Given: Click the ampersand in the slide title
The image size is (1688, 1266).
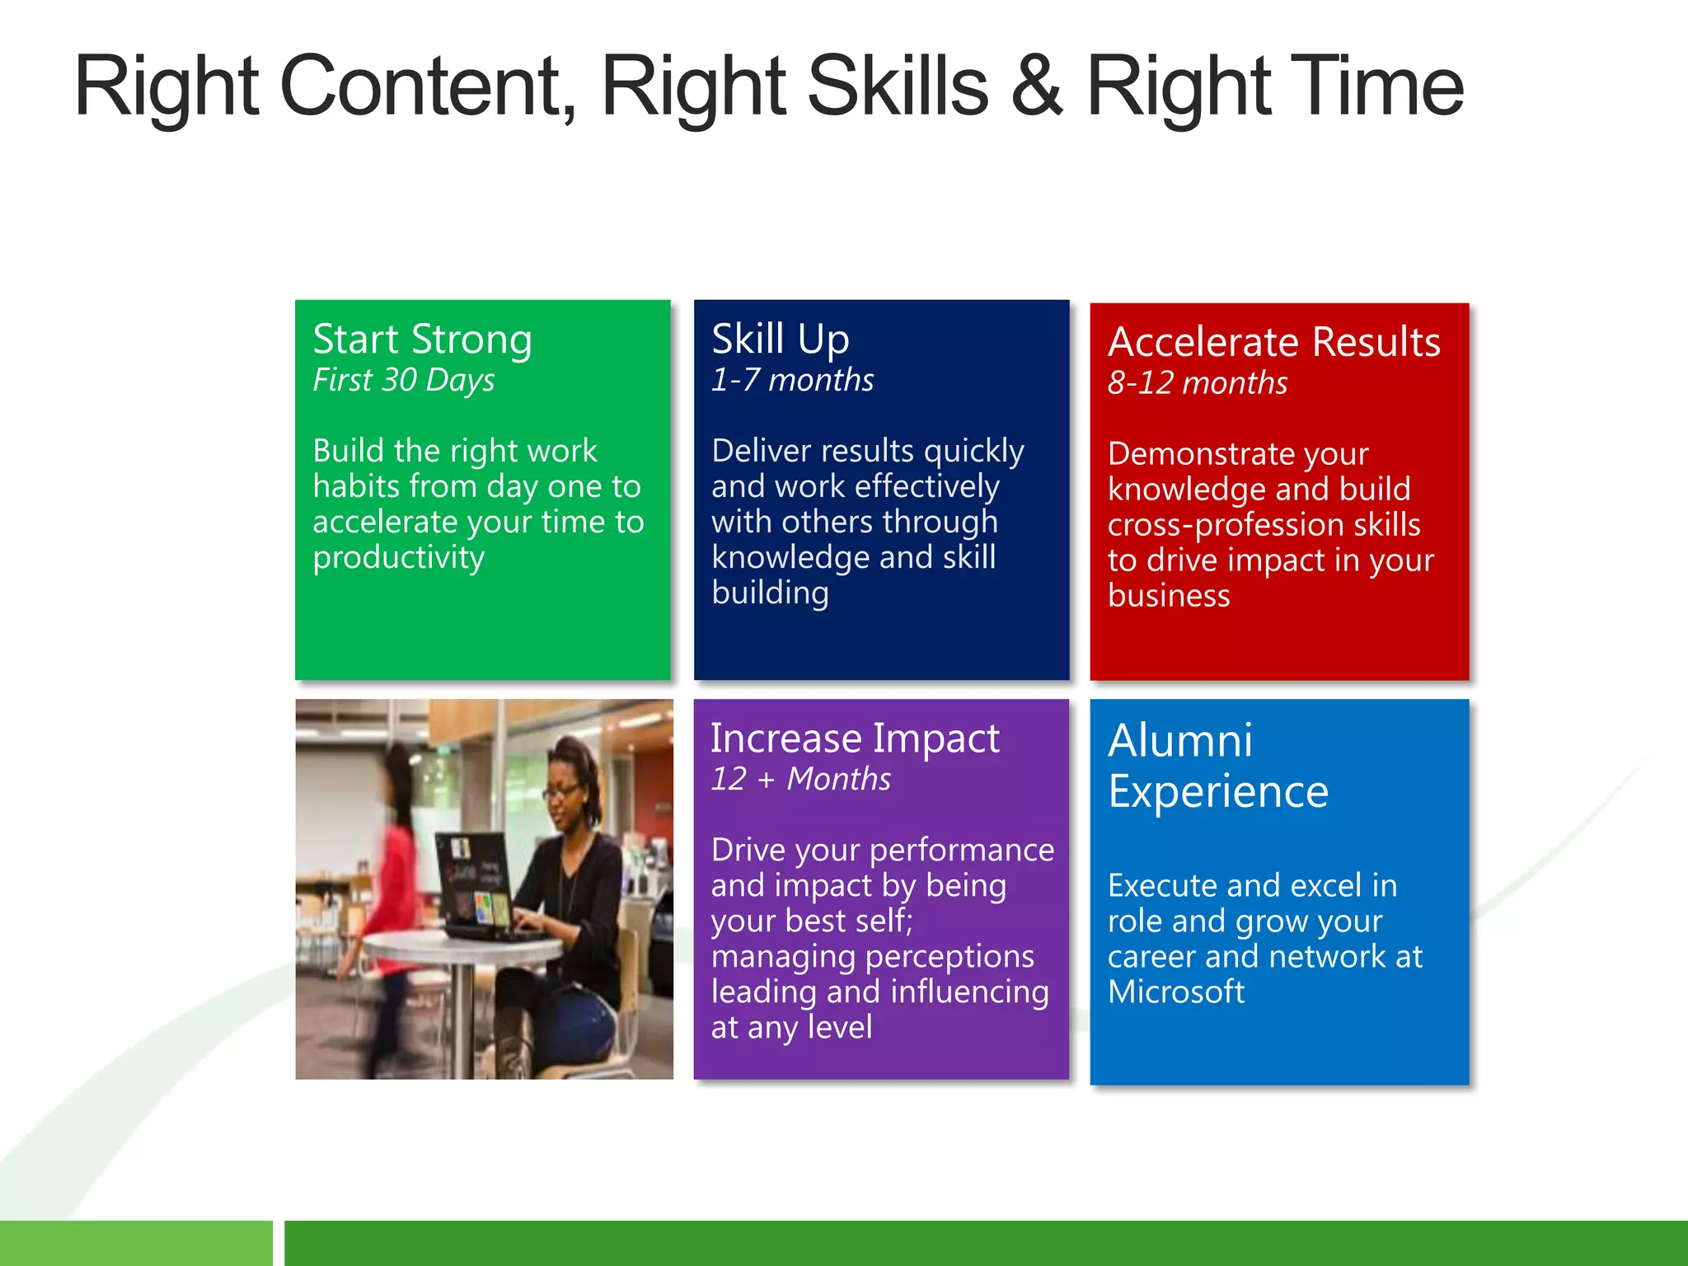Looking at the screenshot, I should [x=1036, y=87].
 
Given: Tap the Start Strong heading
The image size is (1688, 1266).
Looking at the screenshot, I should [x=422, y=340].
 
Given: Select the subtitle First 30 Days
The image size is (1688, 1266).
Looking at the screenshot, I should [x=404, y=380].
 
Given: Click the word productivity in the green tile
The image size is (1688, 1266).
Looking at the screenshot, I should [x=399, y=558].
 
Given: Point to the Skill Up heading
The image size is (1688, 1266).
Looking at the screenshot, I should [x=780, y=340].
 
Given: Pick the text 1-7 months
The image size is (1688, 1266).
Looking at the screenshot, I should [x=792, y=380].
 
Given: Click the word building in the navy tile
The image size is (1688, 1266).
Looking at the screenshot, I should [x=770, y=593].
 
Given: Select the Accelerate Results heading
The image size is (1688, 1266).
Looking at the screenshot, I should [x=1273, y=342].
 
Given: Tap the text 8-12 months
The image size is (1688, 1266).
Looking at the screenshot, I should [x=1197, y=383].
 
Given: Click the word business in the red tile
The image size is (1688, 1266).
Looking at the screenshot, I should [x=1168, y=595].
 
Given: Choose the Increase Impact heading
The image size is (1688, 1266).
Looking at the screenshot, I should [x=855, y=738].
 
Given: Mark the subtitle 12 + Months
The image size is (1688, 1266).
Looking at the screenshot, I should [x=800, y=779].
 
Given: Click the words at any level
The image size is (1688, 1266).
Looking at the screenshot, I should [x=791, y=1027].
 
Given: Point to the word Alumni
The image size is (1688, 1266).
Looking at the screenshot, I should [x=1179, y=740].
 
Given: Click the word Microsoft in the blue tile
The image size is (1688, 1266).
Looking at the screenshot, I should [x=1175, y=992].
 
